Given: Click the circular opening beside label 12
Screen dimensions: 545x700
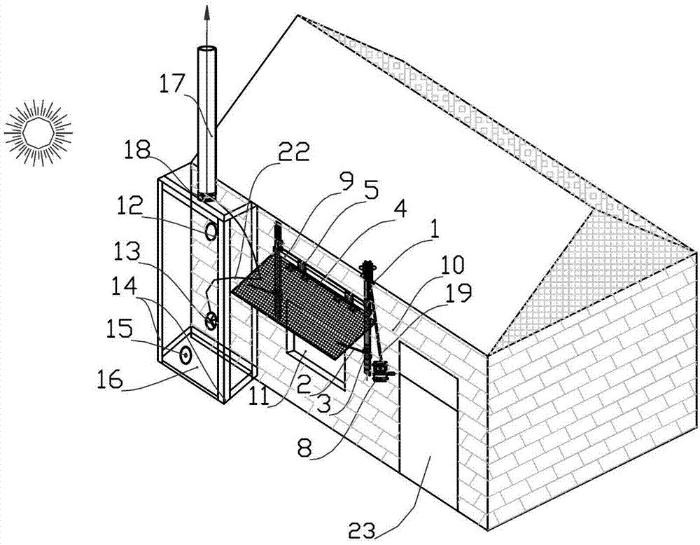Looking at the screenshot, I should click(211, 230).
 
